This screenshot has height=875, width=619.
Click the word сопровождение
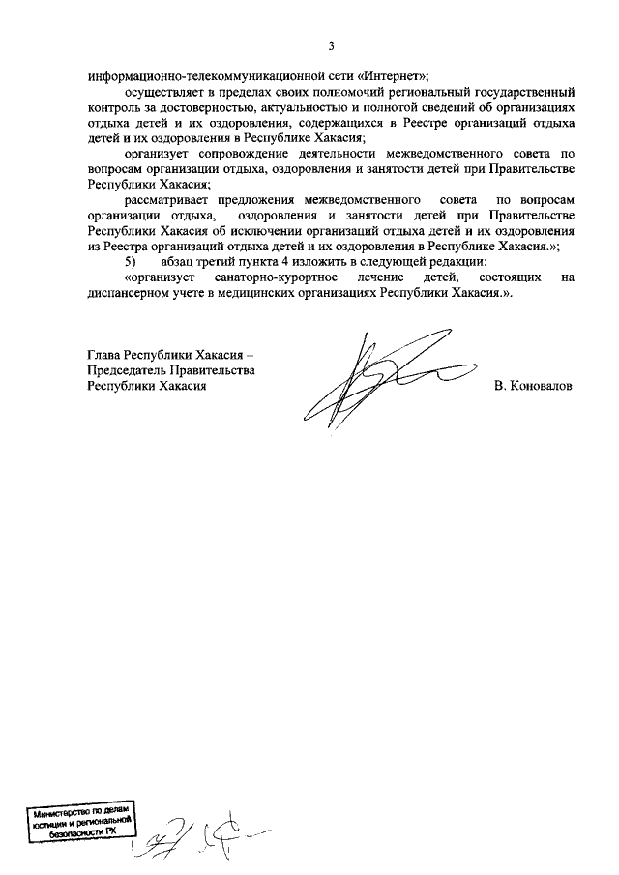click(x=247, y=153)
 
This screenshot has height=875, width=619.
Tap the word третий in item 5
click(x=212, y=261)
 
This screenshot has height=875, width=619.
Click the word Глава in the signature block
click(x=105, y=354)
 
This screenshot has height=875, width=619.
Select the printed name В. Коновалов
click(x=533, y=385)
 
